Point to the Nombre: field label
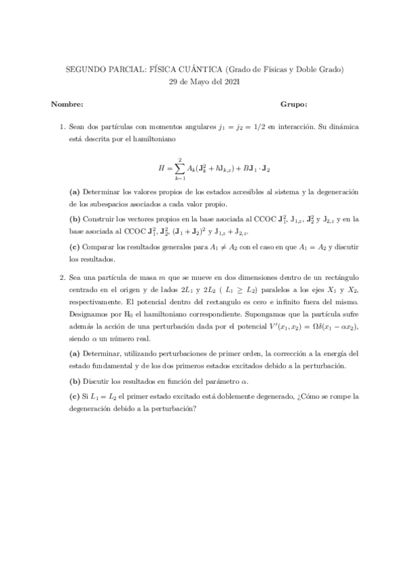(67, 105)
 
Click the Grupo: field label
(293, 105)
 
